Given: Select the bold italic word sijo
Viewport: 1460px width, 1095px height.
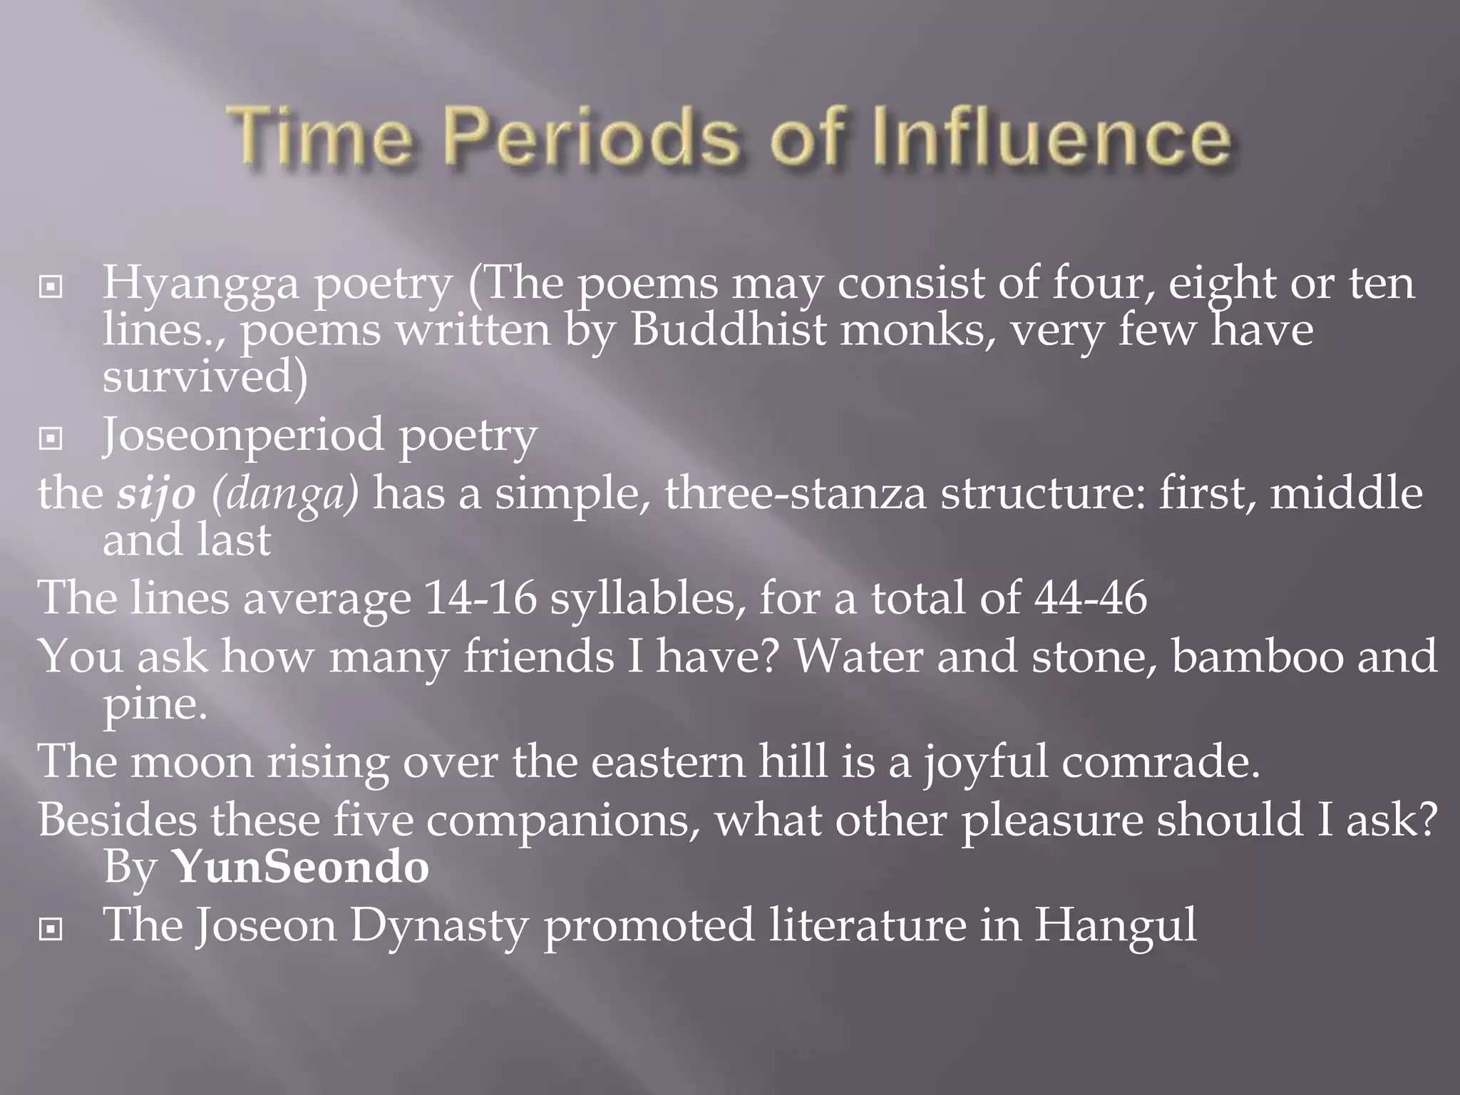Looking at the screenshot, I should pyautogui.click(x=156, y=495).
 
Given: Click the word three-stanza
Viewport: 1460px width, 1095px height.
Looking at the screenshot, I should pyautogui.click(x=796, y=495).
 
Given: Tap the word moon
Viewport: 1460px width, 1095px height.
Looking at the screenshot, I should pyautogui.click(x=192, y=761).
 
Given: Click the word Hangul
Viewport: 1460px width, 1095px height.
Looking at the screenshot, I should pyautogui.click(x=1116, y=925).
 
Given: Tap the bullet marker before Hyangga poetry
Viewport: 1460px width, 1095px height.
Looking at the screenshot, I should pyautogui.click(x=51, y=287).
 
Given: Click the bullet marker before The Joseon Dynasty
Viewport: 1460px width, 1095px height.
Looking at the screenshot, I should pyautogui.click(x=51, y=929).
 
